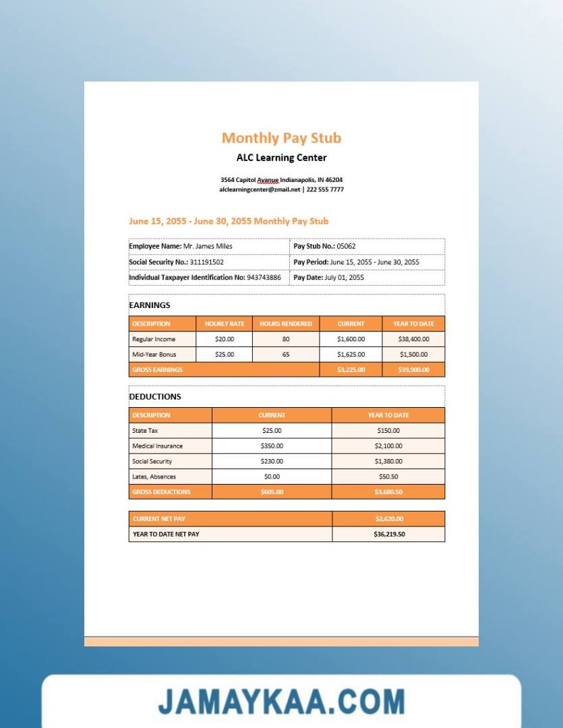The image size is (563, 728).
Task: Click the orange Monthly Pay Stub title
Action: (x=281, y=138)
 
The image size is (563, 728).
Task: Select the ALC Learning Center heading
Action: (x=281, y=158)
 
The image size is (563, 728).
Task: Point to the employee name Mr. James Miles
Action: (x=208, y=247)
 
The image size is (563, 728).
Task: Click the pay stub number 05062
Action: (x=346, y=247)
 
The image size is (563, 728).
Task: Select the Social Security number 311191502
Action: (x=206, y=262)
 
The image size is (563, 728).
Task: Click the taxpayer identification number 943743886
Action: (x=264, y=278)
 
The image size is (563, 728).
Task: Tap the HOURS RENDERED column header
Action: (x=286, y=324)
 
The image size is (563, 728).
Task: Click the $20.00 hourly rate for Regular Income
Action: (x=225, y=340)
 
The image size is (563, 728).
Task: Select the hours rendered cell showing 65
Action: (x=286, y=355)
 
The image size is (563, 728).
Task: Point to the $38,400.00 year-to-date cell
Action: (x=413, y=340)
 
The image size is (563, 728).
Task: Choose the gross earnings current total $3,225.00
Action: (x=351, y=370)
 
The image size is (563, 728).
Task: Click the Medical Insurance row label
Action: (x=157, y=446)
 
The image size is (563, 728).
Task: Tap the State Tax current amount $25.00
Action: (x=272, y=431)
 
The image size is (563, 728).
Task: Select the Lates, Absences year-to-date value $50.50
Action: (x=388, y=477)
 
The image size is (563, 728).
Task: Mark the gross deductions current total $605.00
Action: (x=272, y=492)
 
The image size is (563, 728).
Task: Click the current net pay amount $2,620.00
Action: (x=389, y=519)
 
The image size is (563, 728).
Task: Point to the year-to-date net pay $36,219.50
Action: (x=389, y=535)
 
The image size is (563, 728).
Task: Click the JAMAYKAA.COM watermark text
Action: (x=281, y=702)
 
